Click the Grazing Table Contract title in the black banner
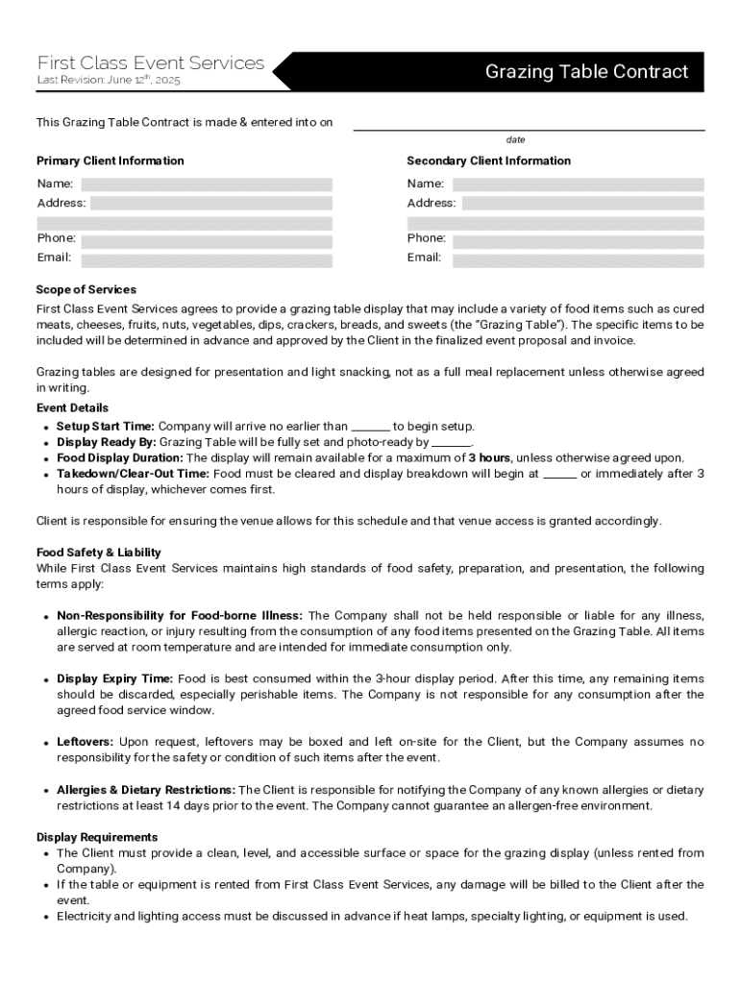pyautogui.click(x=586, y=72)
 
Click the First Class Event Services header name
pyautogui.click(x=150, y=62)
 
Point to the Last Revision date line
pyautogui.click(x=108, y=81)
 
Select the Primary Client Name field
pyautogui.click(x=206, y=184)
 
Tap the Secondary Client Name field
pyautogui.click(x=578, y=184)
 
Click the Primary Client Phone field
pyautogui.click(x=206, y=239)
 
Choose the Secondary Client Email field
pyautogui.click(x=578, y=259)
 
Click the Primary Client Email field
pyautogui.click(x=206, y=259)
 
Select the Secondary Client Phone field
pyautogui.click(x=578, y=239)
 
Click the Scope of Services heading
pyautogui.click(x=86, y=289)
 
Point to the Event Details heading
pyautogui.click(x=72, y=408)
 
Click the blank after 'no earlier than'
pyautogui.click(x=371, y=428)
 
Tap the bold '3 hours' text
pyautogui.click(x=489, y=458)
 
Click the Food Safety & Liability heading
pyautogui.click(x=99, y=553)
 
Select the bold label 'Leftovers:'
pyautogui.click(x=86, y=742)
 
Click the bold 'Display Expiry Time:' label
pyautogui.click(x=115, y=678)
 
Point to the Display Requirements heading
pyautogui.click(x=97, y=837)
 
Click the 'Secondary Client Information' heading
pyautogui.click(x=488, y=160)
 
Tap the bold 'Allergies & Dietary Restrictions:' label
pyautogui.click(x=146, y=790)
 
